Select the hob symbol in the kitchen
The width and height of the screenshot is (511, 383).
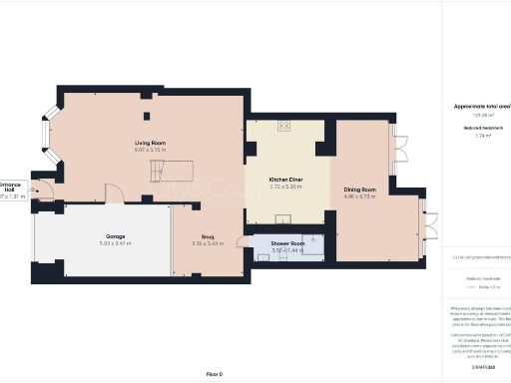(284, 126)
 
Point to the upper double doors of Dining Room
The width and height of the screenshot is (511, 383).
(402, 146)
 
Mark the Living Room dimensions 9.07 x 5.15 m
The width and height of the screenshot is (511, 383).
(151, 151)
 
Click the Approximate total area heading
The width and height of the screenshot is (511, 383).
(479, 105)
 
